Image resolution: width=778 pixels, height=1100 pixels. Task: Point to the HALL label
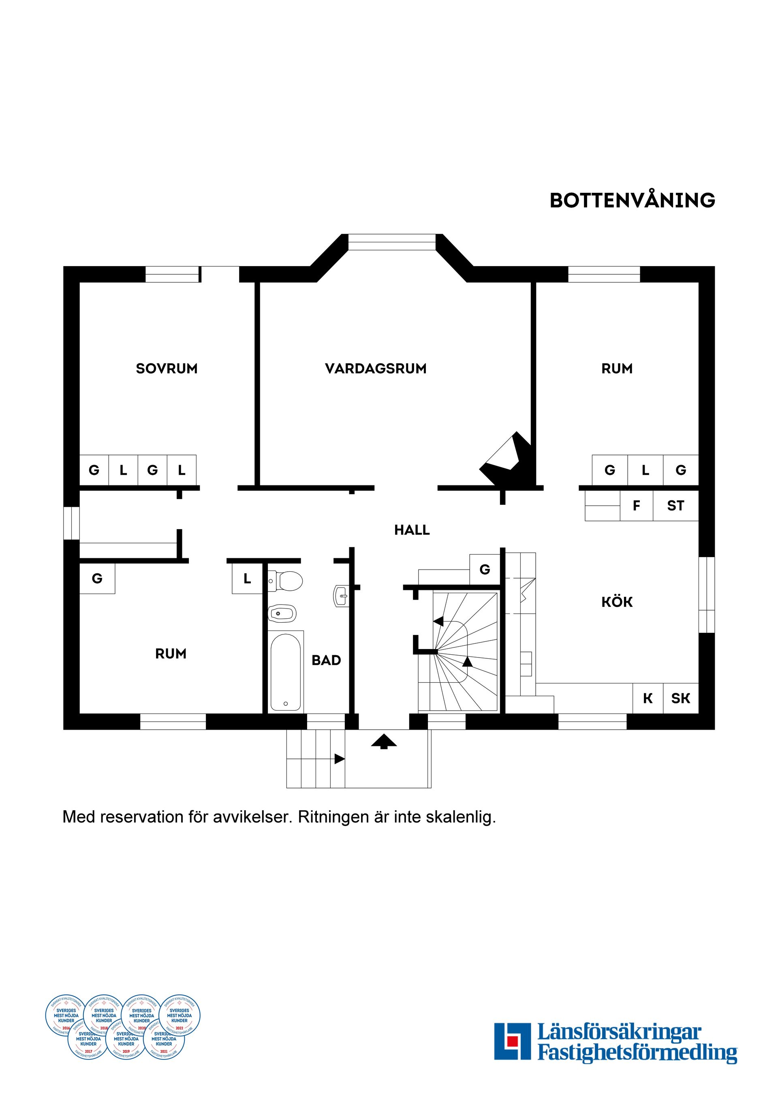[412, 530]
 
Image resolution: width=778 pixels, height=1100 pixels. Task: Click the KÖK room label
[617, 602]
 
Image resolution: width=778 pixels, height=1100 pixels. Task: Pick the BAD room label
[326, 660]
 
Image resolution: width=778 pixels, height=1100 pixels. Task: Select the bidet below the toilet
[282, 613]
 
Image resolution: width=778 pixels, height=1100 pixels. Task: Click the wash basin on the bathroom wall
[341, 597]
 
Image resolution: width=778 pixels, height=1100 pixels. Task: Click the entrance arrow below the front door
[384, 741]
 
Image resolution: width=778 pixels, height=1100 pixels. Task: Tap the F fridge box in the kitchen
[636, 506]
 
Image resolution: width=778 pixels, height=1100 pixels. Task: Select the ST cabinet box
[675, 506]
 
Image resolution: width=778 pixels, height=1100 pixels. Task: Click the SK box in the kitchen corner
[680, 698]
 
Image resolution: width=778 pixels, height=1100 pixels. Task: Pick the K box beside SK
[648, 698]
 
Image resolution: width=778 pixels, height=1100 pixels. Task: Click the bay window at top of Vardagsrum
[392, 242]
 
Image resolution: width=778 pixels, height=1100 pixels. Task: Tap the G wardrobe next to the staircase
[485, 570]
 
